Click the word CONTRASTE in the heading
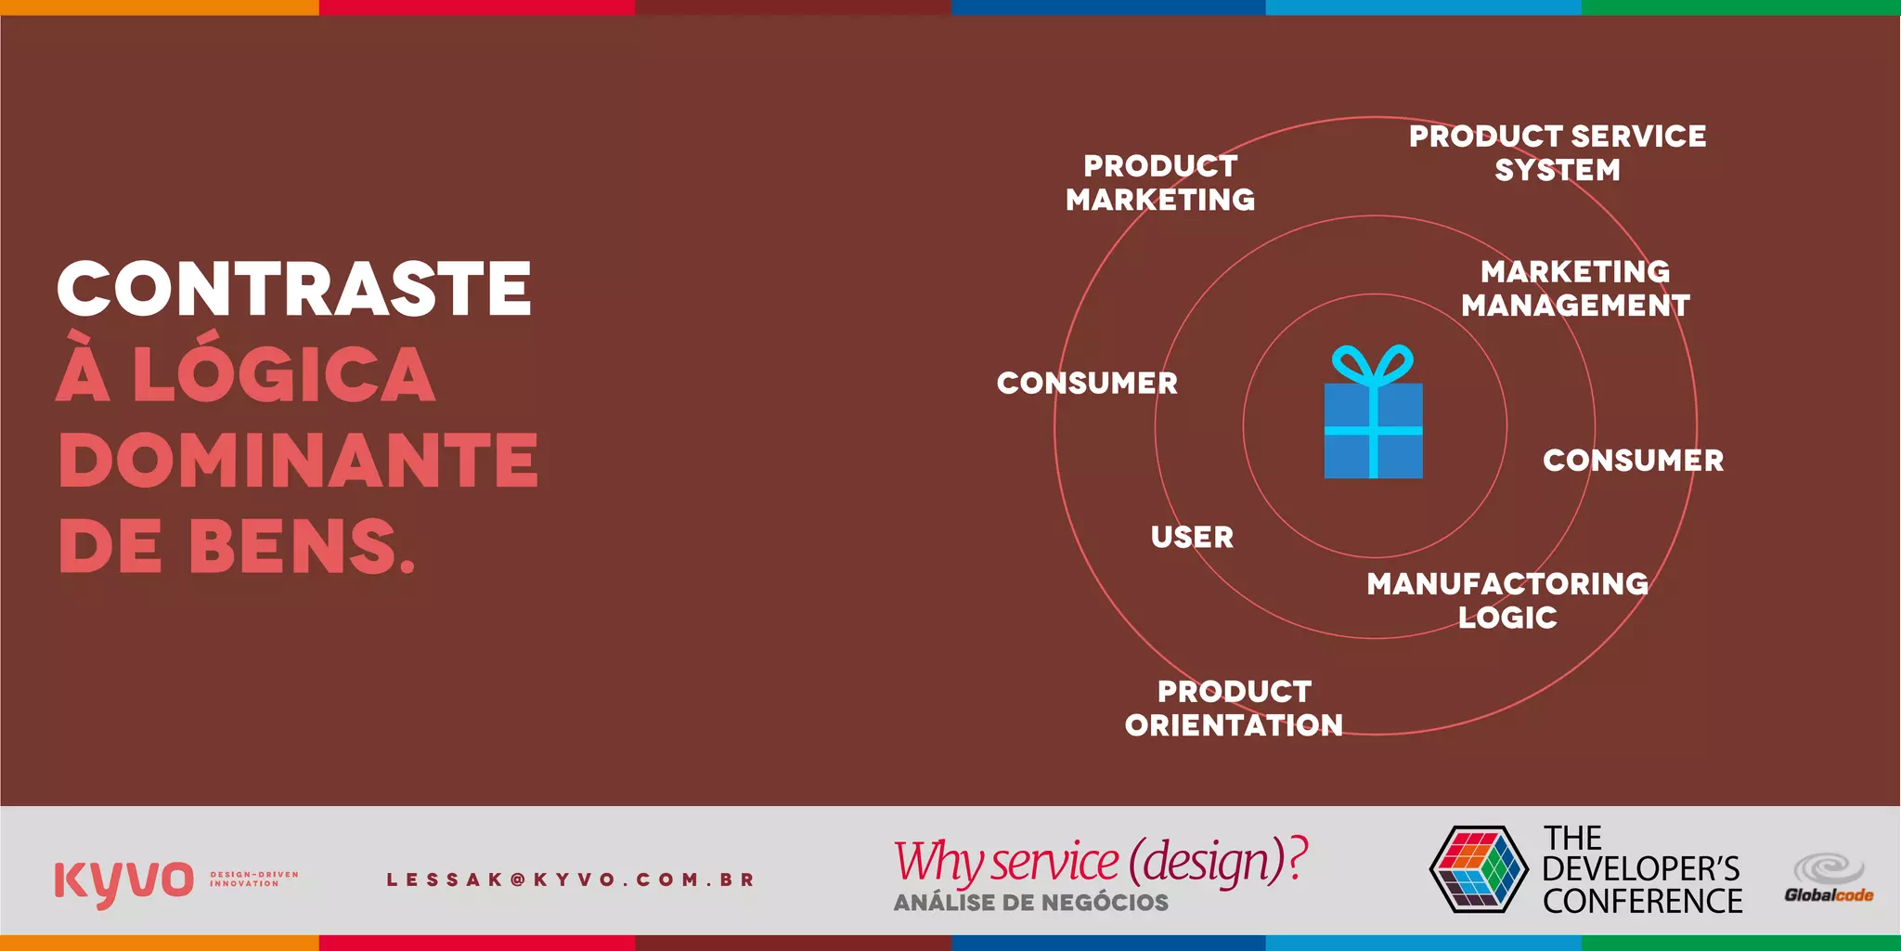point(293,289)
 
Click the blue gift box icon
point(1373,429)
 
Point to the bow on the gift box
point(1373,365)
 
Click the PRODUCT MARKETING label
point(1160,183)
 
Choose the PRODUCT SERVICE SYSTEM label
point(1558,153)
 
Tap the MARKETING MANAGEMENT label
point(1575,288)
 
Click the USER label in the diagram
point(1192,537)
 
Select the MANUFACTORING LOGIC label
point(1507,600)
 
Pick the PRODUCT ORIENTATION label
point(1234,708)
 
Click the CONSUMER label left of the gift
point(1087,383)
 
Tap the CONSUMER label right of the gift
point(1633,460)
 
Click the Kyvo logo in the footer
point(123,880)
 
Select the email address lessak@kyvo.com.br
point(570,879)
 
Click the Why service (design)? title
point(1100,861)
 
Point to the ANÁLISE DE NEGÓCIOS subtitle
point(1030,903)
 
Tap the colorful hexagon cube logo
point(1479,868)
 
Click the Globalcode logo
point(1828,879)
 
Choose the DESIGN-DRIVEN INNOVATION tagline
point(253,879)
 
